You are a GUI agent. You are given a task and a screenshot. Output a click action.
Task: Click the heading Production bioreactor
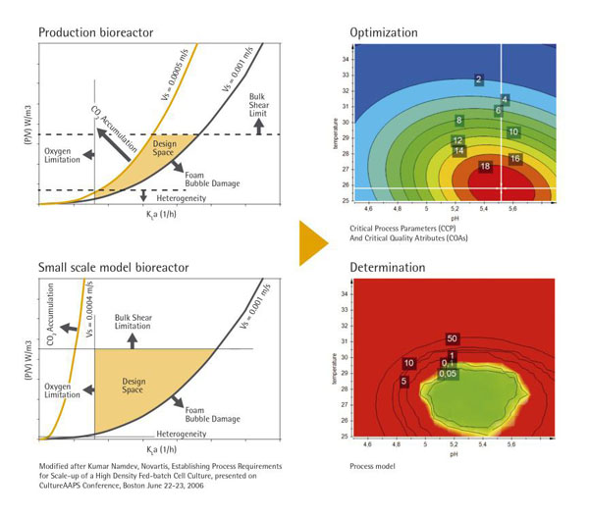click(x=95, y=32)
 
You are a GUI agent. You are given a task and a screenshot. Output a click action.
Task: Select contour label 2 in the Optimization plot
click(x=478, y=78)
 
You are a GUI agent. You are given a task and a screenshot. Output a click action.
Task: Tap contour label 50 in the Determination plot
click(x=452, y=338)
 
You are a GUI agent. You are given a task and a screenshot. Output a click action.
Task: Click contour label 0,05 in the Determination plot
click(x=448, y=374)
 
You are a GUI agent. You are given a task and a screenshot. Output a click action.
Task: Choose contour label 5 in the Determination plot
click(x=403, y=381)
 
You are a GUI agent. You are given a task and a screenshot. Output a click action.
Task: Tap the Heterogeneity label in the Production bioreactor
click(x=187, y=198)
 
